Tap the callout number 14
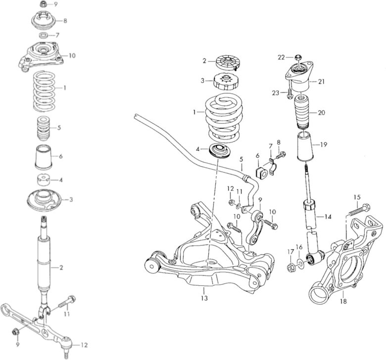coord(328,217)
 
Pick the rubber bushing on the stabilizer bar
coord(261,170)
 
